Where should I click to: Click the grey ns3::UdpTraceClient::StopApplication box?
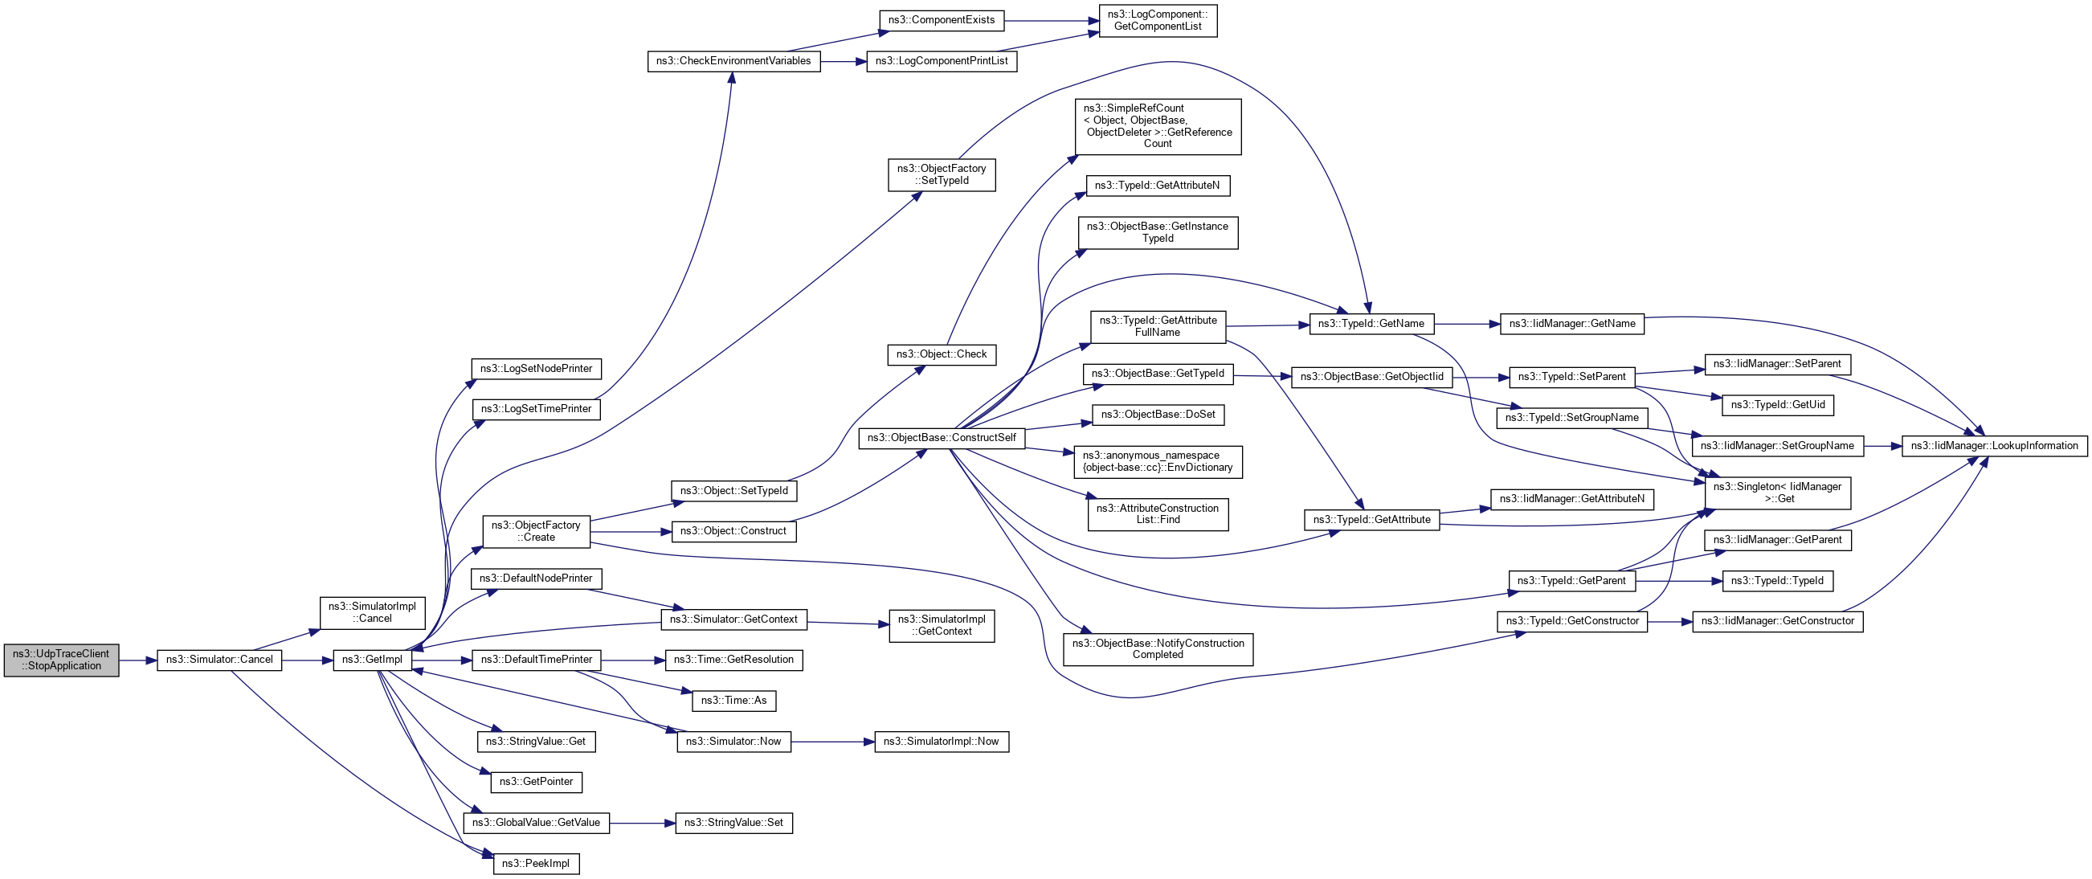coord(61,660)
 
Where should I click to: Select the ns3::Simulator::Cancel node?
coord(219,660)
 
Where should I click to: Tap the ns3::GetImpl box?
coord(372,660)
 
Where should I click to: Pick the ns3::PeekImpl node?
coord(536,864)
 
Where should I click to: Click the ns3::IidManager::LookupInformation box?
coord(1994,445)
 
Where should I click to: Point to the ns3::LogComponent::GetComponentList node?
coord(1157,20)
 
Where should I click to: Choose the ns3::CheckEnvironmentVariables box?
coord(733,61)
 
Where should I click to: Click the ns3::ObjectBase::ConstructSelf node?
coord(942,438)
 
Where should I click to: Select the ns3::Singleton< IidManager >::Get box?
coord(1777,493)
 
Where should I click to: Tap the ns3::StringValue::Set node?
coord(733,823)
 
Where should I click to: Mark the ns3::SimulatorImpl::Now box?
coord(942,742)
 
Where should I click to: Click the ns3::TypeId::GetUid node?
coord(1777,405)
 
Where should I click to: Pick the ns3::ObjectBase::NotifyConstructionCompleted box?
coord(1157,649)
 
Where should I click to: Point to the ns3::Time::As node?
coord(733,701)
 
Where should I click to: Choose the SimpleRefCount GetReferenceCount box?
coord(1157,126)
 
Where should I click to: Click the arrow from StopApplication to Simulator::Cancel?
coord(137,660)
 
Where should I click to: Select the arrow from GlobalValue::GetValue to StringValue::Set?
coord(642,823)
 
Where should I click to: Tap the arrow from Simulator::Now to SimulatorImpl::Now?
coord(832,742)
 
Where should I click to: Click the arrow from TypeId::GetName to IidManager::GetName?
coord(1467,324)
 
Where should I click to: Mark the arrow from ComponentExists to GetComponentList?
coord(1052,20)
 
